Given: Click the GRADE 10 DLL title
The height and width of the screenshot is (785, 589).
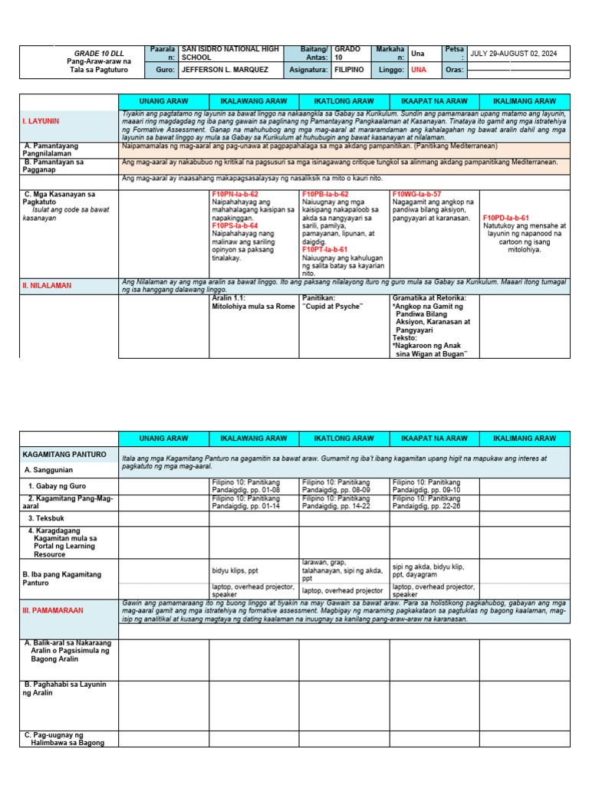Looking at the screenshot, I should click(x=92, y=52).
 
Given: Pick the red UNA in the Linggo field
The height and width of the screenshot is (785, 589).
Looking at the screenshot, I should click(x=419, y=69).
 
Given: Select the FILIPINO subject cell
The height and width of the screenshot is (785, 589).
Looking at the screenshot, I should click(x=349, y=69).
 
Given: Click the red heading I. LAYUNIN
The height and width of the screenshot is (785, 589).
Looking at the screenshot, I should click(x=41, y=121).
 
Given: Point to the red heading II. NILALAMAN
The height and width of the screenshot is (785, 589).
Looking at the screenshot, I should click(x=47, y=285).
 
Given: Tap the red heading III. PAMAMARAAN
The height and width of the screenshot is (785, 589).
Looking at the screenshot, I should click(x=52, y=610).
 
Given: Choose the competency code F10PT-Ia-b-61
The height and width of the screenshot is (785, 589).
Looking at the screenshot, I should click(x=325, y=249).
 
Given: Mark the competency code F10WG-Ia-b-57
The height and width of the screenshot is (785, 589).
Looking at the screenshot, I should click(x=416, y=195).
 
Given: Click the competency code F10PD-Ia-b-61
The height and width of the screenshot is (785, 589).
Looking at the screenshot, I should click(x=506, y=218).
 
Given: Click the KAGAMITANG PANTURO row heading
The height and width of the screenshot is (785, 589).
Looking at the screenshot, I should click(x=64, y=455).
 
